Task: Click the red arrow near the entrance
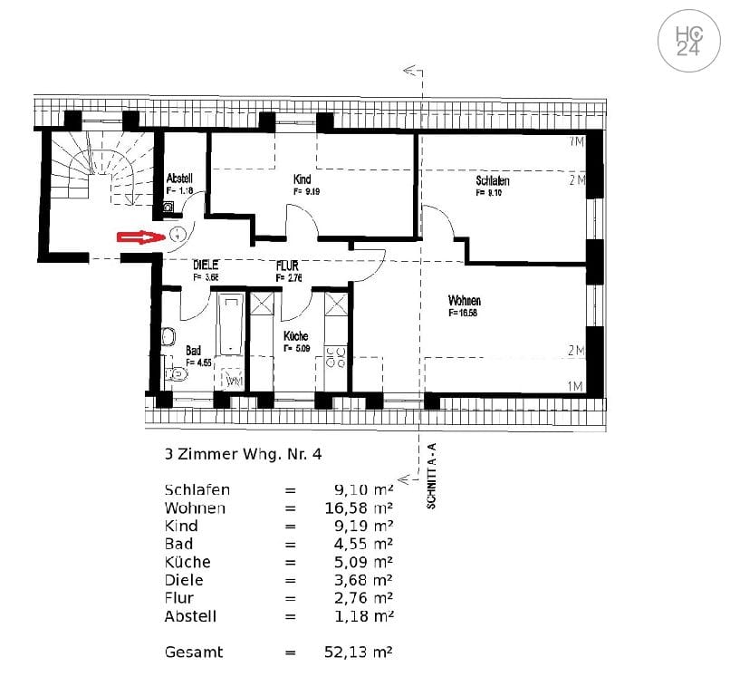pos(141,237)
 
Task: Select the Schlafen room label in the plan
pos(492,181)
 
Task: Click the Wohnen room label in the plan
pos(464,301)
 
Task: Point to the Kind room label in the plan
pos(303,179)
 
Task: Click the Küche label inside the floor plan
pos(295,336)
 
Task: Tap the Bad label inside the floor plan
pos(193,350)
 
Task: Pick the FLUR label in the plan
pos(288,266)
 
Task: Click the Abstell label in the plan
pos(179,179)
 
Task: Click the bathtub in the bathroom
pos(232,324)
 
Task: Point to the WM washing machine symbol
pos(233,381)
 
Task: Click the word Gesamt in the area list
pos(194,652)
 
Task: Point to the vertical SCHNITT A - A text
pos(431,475)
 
